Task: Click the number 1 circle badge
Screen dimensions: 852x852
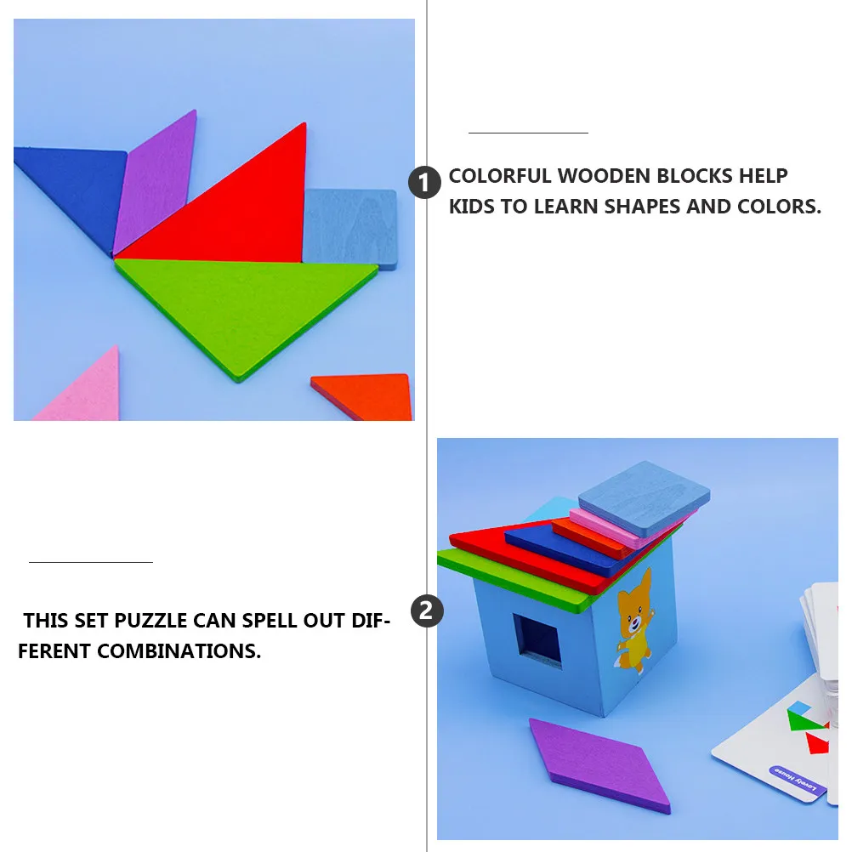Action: (425, 183)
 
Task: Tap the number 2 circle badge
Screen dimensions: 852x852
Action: (427, 611)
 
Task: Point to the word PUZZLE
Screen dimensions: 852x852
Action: (151, 621)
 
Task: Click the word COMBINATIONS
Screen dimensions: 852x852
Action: (179, 651)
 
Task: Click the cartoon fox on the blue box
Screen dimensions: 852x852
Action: (633, 619)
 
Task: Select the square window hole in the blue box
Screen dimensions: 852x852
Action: (537, 640)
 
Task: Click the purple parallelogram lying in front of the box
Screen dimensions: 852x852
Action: (599, 766)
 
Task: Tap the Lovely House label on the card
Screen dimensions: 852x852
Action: (796, 779)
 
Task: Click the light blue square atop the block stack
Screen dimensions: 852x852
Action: (645, 498)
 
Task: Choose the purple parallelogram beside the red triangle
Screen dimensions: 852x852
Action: (156, 183)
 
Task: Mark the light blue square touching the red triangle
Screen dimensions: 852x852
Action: (350, 227)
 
